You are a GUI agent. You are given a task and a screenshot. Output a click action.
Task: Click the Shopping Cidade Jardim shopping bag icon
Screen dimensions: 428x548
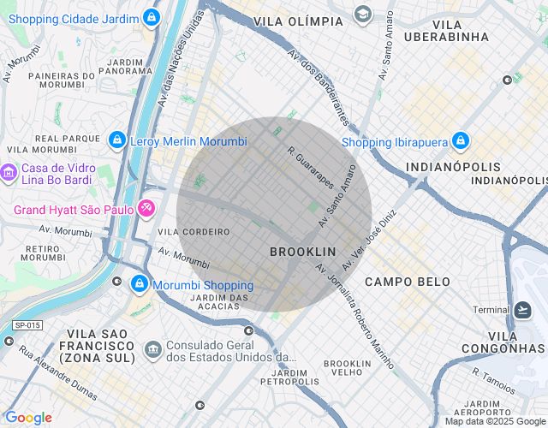[x=151, y=16]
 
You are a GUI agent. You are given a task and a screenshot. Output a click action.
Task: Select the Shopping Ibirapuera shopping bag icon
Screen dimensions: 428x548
[x=460, y=140]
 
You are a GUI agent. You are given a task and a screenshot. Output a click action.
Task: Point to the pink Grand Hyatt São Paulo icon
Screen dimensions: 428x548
[x=146, y=207]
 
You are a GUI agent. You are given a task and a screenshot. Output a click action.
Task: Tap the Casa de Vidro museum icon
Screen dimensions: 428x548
[x=9, y=174]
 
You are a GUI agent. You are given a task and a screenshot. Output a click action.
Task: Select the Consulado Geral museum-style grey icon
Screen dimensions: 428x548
[x=153, y=348]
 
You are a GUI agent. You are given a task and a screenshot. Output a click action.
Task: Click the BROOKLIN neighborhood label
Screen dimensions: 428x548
[x=302, y=252]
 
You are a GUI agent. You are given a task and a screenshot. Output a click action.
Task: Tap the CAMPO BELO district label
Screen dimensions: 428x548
[x=408, y=282]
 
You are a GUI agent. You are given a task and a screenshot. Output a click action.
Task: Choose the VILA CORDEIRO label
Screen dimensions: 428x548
[x=194, y=232]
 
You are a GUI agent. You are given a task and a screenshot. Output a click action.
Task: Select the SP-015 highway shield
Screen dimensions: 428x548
[x=27, y=325]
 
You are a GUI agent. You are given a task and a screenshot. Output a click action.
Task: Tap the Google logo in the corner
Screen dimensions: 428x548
[x=28, y=418]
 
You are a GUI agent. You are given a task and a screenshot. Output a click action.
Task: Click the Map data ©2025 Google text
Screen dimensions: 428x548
[x=495, y=421]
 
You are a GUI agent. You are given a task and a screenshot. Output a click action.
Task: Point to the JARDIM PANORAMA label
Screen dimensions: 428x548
[x=125, y=67]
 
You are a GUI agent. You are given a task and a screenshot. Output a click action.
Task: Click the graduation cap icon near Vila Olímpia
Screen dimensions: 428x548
[x=363, y=15]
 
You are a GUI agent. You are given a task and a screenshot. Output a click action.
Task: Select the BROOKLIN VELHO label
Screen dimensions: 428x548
[x=347, y=368]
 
